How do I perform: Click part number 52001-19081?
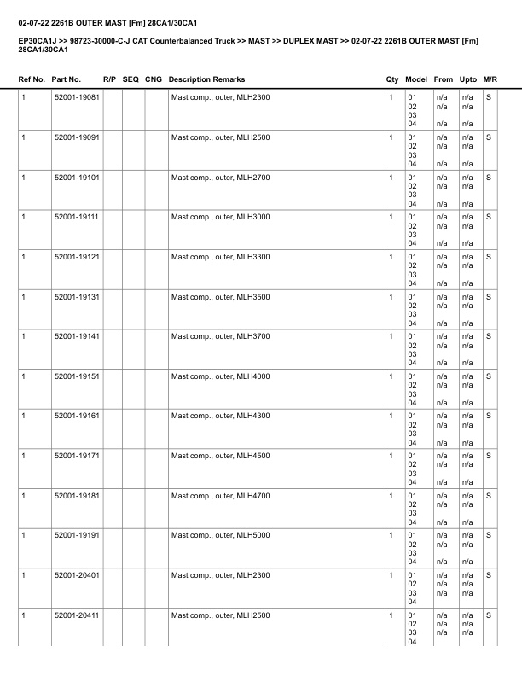[76, 97]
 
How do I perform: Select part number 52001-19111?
[76, 217]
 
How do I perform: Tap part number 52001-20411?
[76, 615]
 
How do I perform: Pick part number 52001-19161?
[76, 416]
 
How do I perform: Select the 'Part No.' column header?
[67, 79]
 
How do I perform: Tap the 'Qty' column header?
[392, 79]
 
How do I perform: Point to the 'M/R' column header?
[490, 79]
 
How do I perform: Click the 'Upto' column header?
[467, 79]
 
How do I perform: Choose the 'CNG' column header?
[154, 79]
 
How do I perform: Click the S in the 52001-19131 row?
[489, 296]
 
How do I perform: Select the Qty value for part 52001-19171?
[391, 456]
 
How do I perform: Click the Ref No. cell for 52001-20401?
[23, 575]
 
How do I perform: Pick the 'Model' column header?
[416, 79]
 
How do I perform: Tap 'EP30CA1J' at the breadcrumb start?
[36, 40]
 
